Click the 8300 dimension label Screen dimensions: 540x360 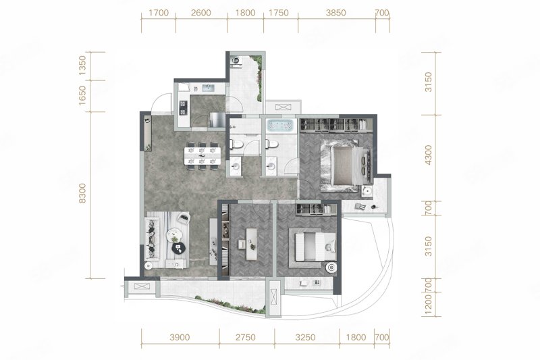pyautogui.click(x=82, y=194)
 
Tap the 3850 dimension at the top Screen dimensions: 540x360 pyautogui.click(x=335, y=13)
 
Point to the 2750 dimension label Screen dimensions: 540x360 pyautogui.click(x=246, y=337)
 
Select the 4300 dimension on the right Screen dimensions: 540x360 pyautogui.click(x=428, y=155)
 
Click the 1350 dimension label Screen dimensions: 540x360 pyautogui.click(x=82, y=66)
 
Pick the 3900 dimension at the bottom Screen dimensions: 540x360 pyautogui.click(x=180, y=337)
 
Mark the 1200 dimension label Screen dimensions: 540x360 pyautogui.click(x=428, y=305)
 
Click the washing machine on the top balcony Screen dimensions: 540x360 pyautogui.click(x=236, y=61)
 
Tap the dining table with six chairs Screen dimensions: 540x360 pyautogui.click(x=202, y=156)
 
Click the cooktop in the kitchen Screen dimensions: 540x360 pyautogui.click(x=183, y=107)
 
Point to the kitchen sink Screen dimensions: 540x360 pyautogui.click(x=209, y=88)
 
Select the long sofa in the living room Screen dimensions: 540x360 pyautogui.click(x=152, y=239)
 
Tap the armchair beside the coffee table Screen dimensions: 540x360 pyautogui.click(x=184, y=218)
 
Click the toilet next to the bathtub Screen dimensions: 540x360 pyautogui.click(x=273, y=144)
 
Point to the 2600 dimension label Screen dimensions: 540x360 pyautogui.click(x=200, y=13)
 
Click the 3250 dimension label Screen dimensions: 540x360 pyautogui.click(x=305, y=337)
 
